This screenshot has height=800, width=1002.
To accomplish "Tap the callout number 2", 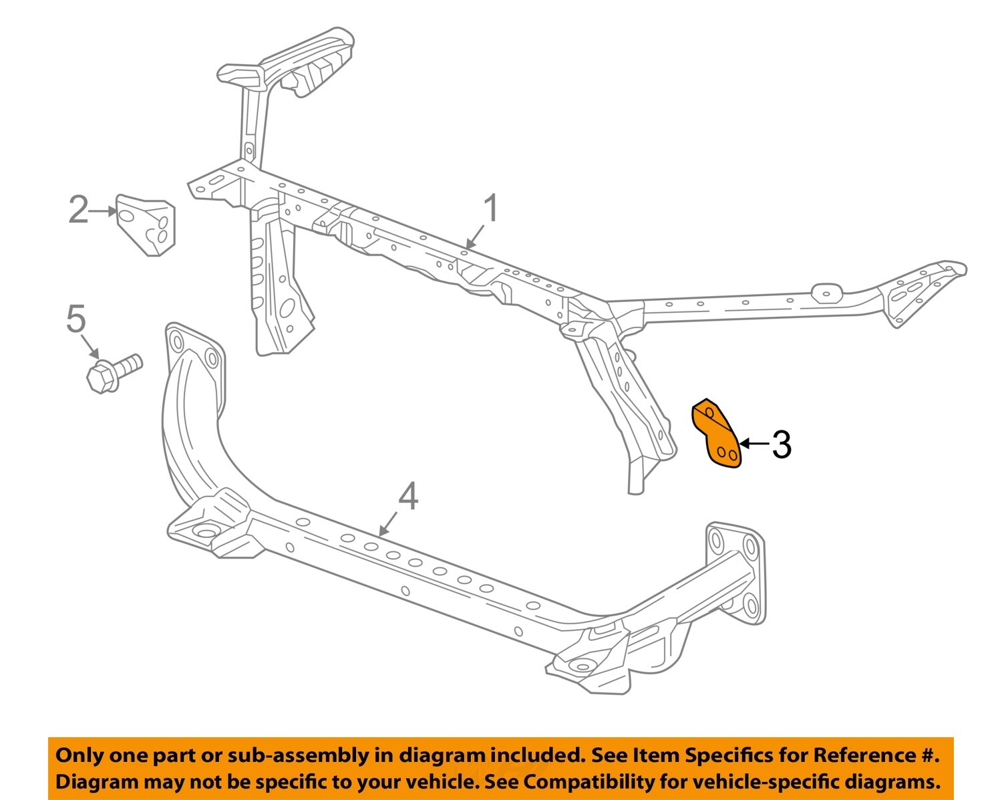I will [78, 210].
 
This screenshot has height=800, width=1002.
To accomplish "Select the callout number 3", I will [781, 444].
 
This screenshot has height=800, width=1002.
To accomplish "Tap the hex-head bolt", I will [114, 372].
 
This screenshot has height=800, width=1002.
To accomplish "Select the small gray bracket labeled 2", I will [146, 224].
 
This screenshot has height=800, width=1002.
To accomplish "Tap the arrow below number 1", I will [475, 236].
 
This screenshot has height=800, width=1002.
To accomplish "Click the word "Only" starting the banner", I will [79, 755].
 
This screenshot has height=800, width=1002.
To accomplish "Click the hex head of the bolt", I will [101, 377].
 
